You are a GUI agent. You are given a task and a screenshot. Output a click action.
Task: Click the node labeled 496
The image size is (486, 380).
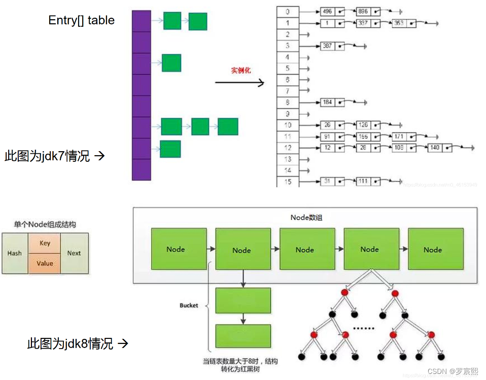pyautogui.click(x=328, y=11)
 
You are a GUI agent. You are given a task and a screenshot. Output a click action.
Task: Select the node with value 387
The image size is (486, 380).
pyautogui.click(x=328, y=46)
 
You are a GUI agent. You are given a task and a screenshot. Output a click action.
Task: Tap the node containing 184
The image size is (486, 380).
pyautogui.click(x=328, y=102)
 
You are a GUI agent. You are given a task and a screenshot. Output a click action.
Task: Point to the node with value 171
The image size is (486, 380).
pyautogui.click(x=399, y=136)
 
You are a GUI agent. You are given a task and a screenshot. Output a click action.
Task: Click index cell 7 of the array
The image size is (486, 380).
pyautogui.click(x=287, y=91)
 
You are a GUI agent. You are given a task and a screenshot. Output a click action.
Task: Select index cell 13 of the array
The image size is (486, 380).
pyautogui.click(x=287, y=159)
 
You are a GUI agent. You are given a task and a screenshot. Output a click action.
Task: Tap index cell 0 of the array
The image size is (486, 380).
pyautogui.click(x=287, y=11)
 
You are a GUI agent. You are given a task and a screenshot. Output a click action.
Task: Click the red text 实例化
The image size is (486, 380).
pyautogui.click(x=241, y=71)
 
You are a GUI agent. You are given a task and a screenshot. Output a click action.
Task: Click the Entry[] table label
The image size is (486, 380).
pyautogui.click(x=81, y=20)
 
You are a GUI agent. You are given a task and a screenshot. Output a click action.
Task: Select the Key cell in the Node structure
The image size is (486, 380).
pyautogui.click(x=45, y=243)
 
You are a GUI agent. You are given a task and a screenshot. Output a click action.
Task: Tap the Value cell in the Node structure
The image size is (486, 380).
pyautogui.click(x=45, y=263)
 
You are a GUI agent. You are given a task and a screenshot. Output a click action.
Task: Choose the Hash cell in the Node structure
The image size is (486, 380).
pyautogui.click(x=15, y=253)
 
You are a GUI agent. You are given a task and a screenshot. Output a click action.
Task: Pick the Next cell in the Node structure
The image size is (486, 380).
pyautogui.click(x=74, y=253)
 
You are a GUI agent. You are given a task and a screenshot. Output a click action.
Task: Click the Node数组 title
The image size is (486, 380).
pyautogui.click(x=306, y=217)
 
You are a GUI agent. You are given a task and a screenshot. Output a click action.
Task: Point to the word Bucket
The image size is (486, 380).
pyautogui.click(x=189, y=305)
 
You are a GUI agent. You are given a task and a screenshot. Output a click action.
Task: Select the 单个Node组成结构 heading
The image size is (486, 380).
pyautogui.click(x=45, y=224)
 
